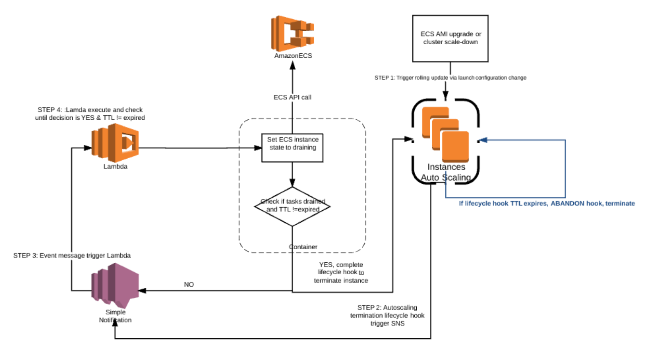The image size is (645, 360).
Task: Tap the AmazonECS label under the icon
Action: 293,56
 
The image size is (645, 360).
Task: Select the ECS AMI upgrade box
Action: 450,39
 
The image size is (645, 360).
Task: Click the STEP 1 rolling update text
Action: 450,77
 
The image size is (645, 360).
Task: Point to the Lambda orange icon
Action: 115,143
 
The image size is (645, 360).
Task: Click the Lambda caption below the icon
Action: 115,166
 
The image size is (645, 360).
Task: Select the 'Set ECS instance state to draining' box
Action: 292,148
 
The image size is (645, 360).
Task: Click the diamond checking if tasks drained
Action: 292,206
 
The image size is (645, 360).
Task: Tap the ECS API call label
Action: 292,97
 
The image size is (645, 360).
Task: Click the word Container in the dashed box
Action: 303,247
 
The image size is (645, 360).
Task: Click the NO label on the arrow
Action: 189,285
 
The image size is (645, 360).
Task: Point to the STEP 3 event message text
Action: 72,255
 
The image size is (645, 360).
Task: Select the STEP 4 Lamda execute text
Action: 90,114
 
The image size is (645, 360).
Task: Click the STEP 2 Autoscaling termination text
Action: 387,315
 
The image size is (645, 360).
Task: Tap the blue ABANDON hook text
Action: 547,203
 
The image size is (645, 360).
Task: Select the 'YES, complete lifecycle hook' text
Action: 341,272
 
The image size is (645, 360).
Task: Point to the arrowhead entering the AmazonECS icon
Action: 293,65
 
